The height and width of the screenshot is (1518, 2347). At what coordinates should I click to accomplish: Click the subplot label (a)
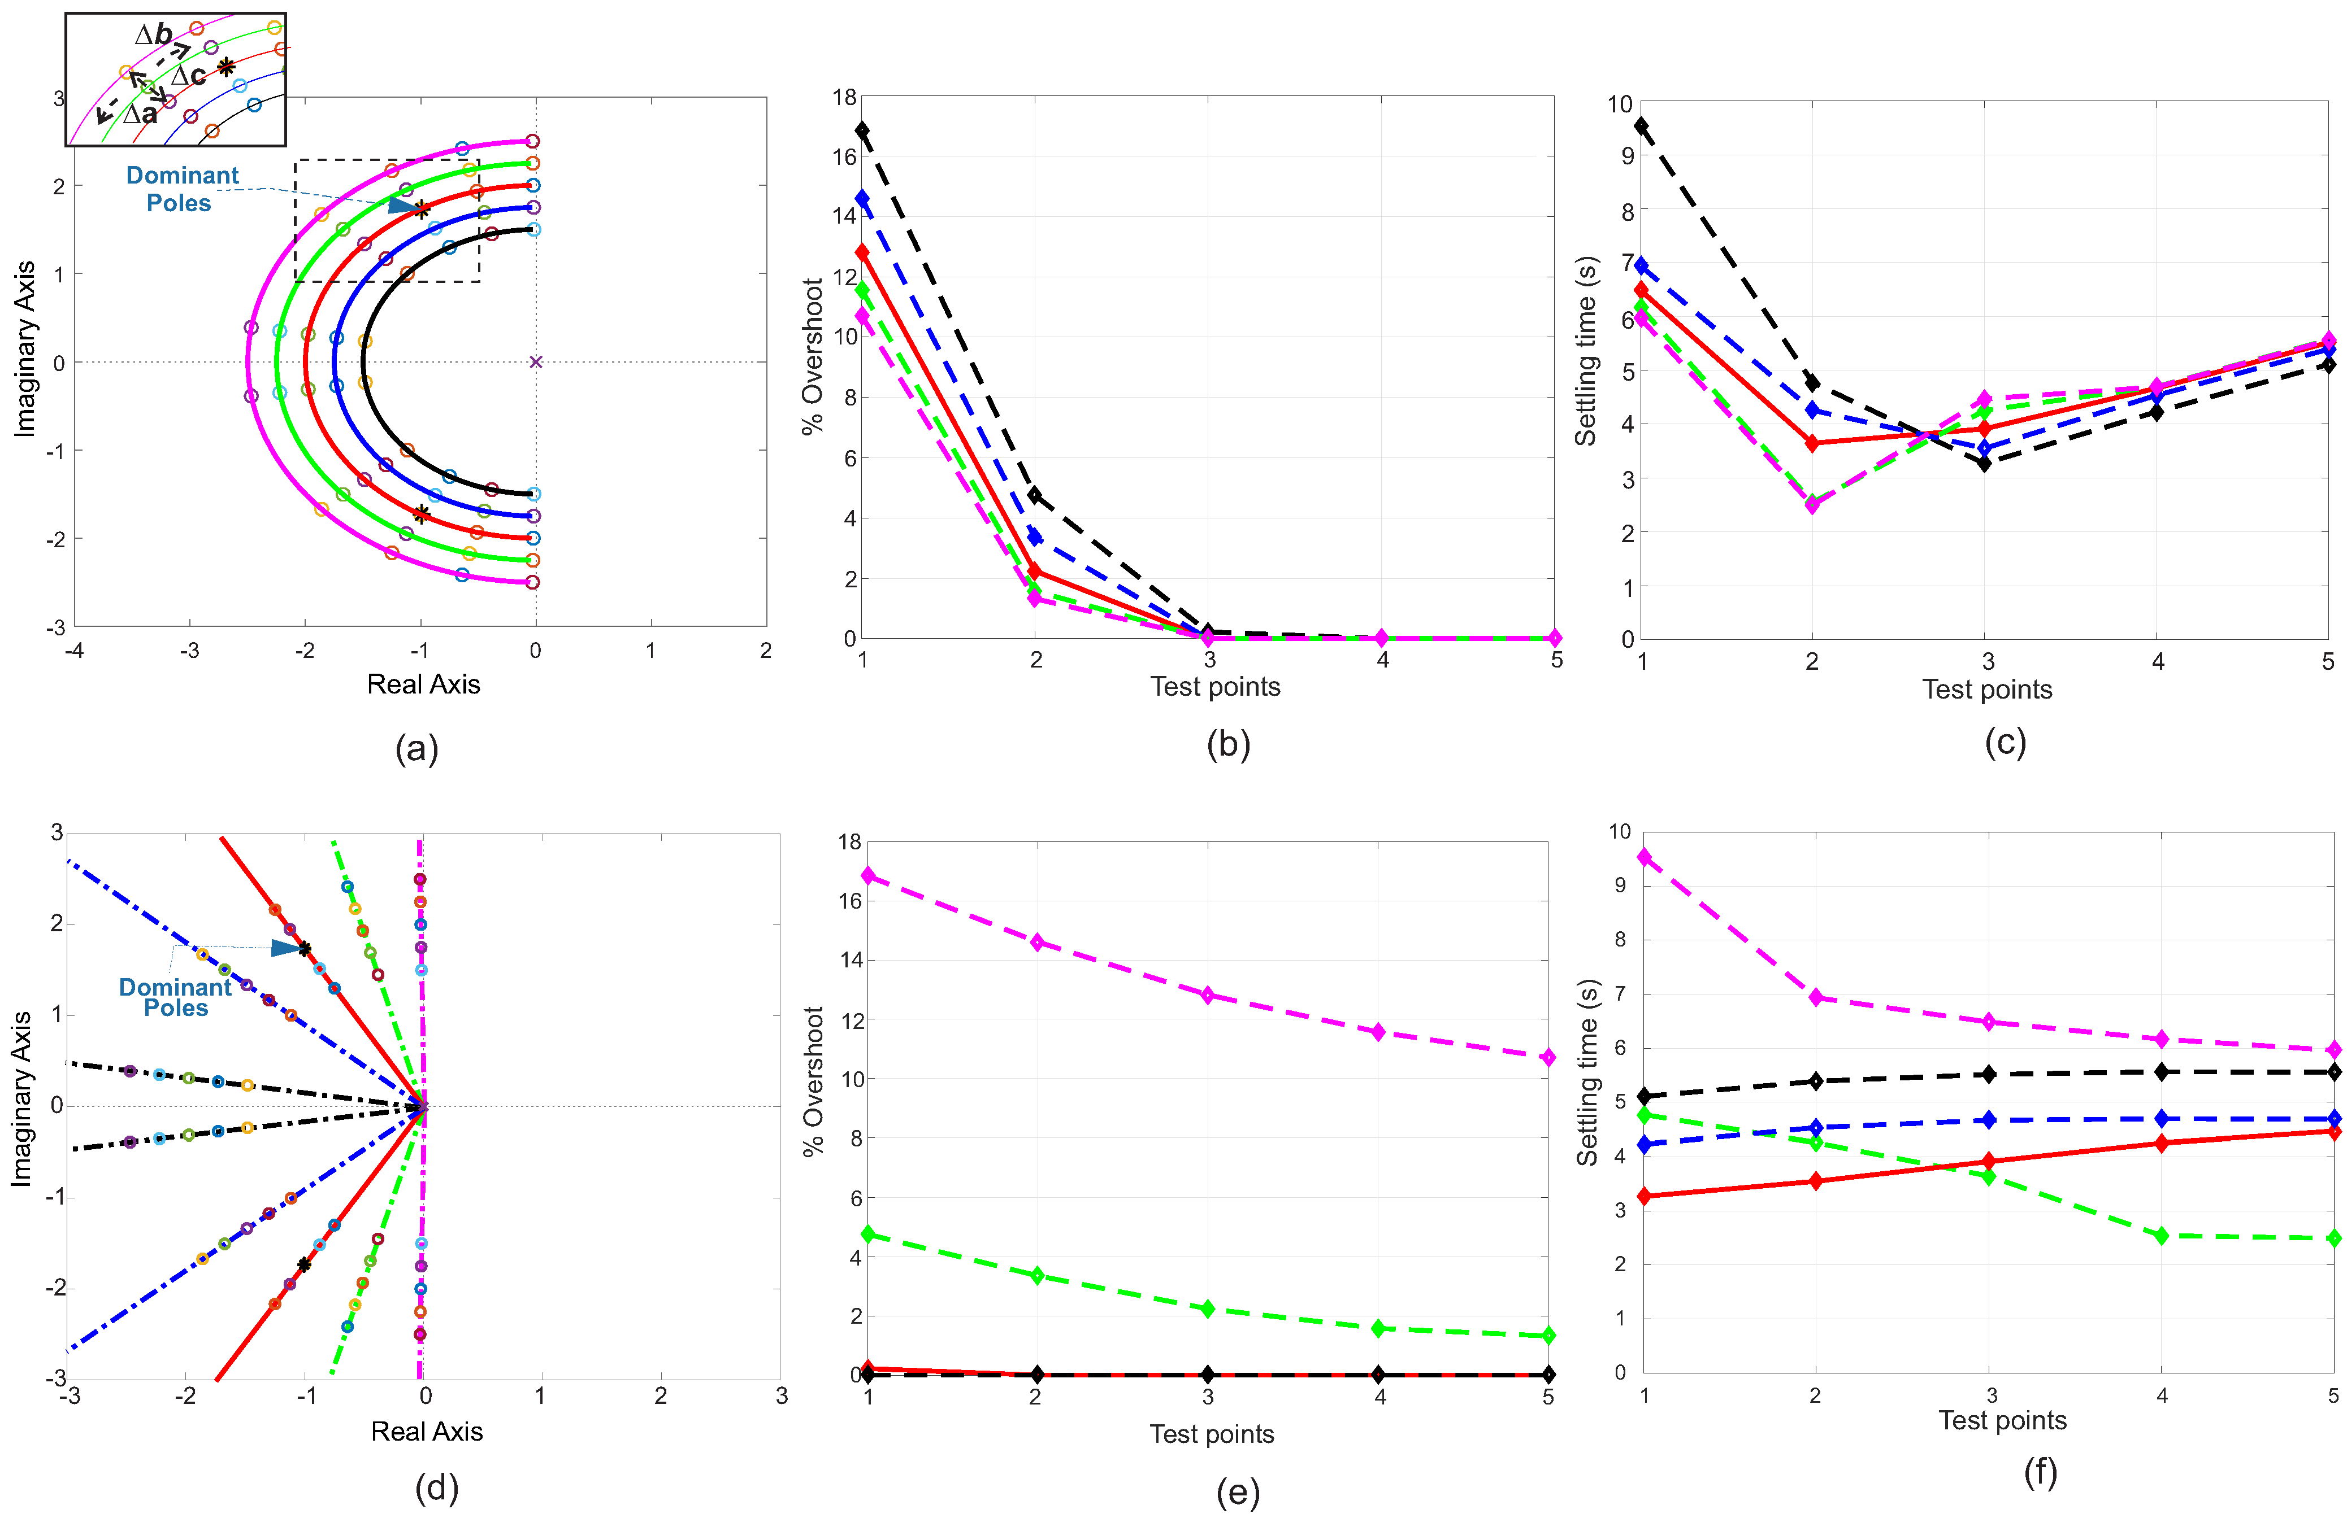[416, 749]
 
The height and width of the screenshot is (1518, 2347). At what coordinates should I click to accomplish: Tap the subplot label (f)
[2040, 1473]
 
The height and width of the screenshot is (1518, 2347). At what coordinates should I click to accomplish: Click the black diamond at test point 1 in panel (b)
[863, 130]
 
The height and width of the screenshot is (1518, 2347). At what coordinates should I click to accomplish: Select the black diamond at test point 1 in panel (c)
[1641, 125]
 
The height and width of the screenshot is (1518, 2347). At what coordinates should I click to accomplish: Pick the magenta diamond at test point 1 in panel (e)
[868, 875]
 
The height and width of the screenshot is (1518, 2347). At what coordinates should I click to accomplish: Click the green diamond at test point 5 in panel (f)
[2333, 1238]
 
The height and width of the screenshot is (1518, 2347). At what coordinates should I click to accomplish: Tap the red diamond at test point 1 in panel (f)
[1644, 1196]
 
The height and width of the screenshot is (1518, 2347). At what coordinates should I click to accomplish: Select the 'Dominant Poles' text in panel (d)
[176, 997]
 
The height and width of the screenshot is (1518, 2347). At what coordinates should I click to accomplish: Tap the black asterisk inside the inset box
[226, 67]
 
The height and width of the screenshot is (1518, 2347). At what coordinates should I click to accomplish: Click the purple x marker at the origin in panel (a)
[536, 362]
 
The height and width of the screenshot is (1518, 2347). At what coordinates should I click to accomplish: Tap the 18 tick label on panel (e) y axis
[849, 842]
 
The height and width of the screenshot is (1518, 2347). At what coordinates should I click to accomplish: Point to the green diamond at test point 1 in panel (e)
[868, 1234]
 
